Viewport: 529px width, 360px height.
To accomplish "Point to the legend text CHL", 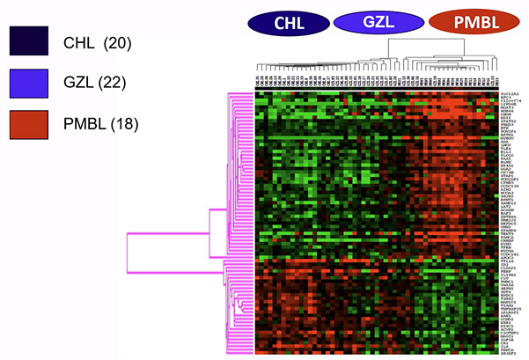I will (x=80, y=40).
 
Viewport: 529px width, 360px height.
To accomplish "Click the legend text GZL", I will (x=80, y=84).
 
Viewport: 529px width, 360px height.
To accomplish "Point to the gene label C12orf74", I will (x=510, y=101).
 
